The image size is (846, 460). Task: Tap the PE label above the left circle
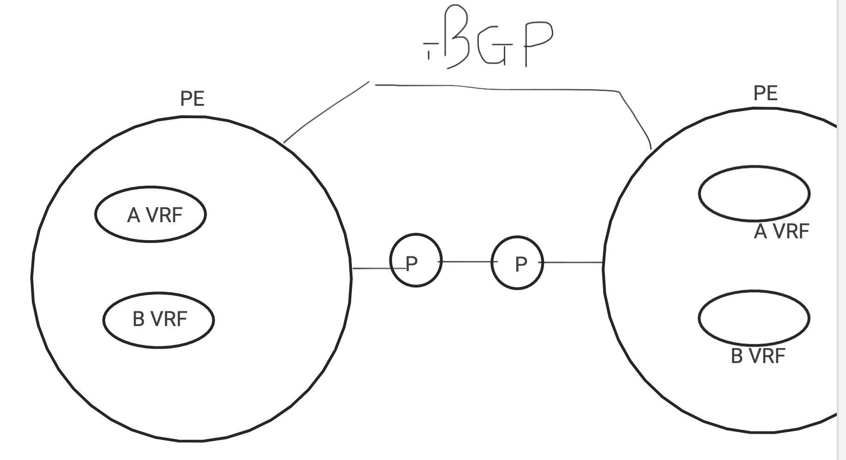click(x=192, y=98)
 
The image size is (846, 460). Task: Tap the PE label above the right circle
click(x=765, y=93)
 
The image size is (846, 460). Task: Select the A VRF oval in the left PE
click(x=151, y=214)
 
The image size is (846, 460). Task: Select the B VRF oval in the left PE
click(x=158, y=319)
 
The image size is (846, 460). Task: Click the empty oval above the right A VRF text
click(x=754, y=193)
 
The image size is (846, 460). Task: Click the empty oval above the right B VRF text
click(x=754, y=318)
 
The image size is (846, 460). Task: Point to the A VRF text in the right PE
click(x=781, y=231)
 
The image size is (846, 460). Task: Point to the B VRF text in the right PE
click(x=758, y=356)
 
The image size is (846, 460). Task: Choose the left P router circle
click(x=416, y=260)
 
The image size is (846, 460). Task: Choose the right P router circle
click(x=517, y=263)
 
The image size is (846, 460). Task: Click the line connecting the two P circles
click(x=466, y=262)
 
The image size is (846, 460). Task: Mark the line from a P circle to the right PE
click(x=573, y=262)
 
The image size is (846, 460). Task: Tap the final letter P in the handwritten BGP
click(x=537, y=42)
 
